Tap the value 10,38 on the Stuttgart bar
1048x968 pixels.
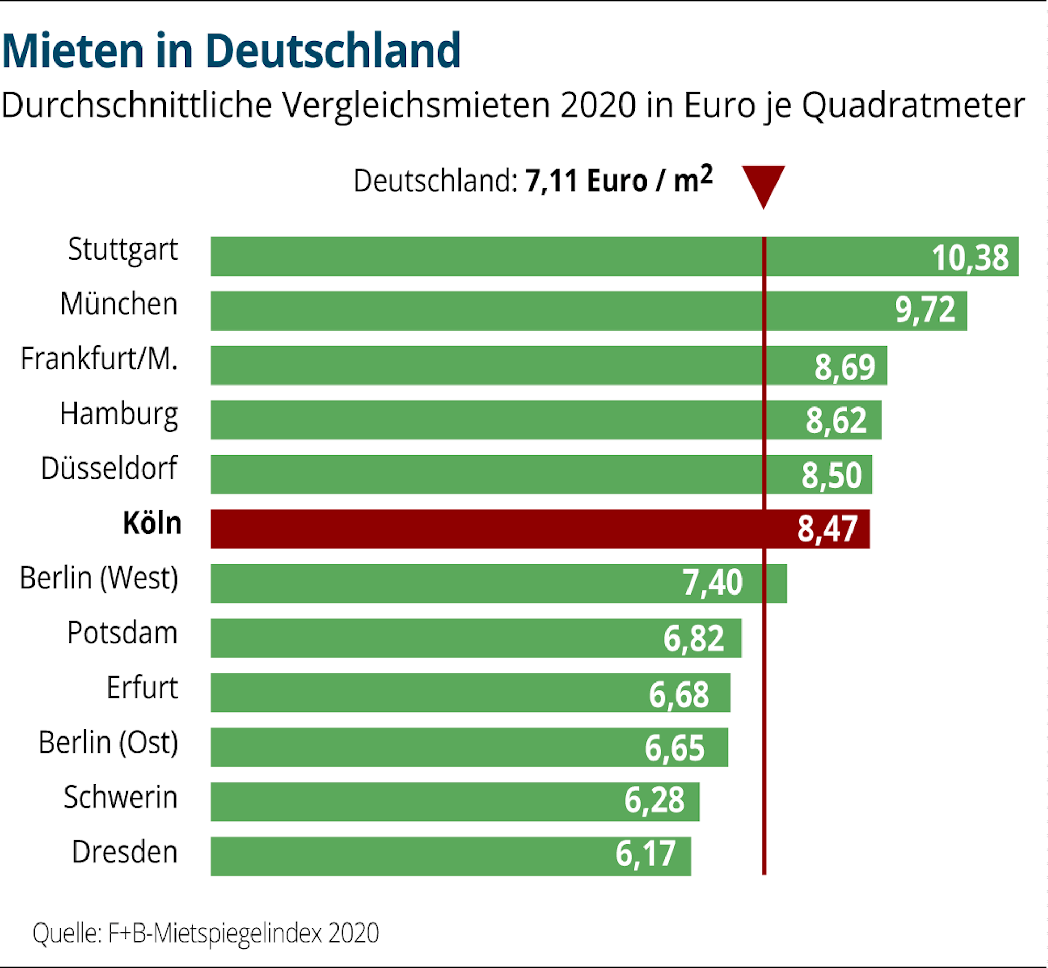[x=969, y=257]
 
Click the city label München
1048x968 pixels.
[x=119, y=304]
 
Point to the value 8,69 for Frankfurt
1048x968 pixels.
[x=844, y=366]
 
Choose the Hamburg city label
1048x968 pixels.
[x=119, y=414]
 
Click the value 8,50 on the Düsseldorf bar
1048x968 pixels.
[x=832, y=475]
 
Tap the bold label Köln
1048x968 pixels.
[x=152, y=523]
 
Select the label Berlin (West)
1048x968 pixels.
[x=99, y=578]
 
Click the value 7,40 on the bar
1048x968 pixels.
[x=712, y=582]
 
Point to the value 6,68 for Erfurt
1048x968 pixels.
[x=679, y=694]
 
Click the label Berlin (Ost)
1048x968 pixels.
[x=108, y=742]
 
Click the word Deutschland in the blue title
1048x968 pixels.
[x=332, y=51]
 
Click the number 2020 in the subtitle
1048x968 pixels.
[x=598, y=105]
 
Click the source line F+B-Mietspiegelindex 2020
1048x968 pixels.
[x=243, y=933]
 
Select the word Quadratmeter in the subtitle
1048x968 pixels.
[x=913, y=105]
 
